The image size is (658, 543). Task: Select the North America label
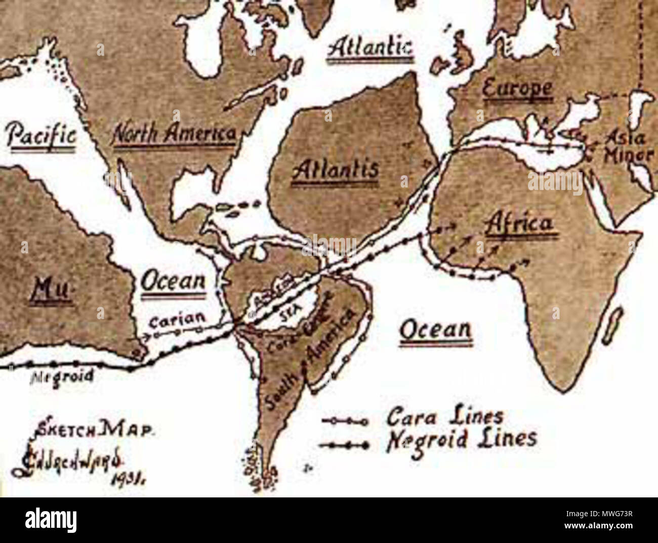[174, 134]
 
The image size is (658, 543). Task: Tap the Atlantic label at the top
[371, 50]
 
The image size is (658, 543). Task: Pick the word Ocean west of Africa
[435, 330]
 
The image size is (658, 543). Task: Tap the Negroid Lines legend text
[461, 438]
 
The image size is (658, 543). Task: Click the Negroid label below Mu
[56, 376]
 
